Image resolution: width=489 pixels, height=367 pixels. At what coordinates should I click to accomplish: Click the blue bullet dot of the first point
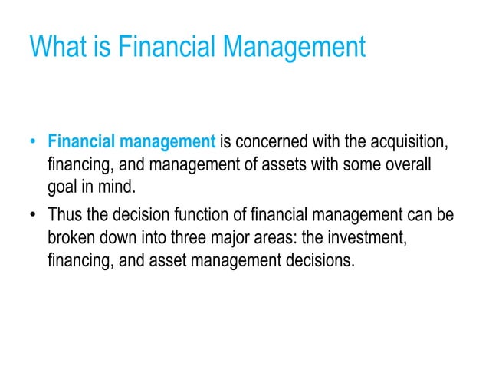(33, 144)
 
